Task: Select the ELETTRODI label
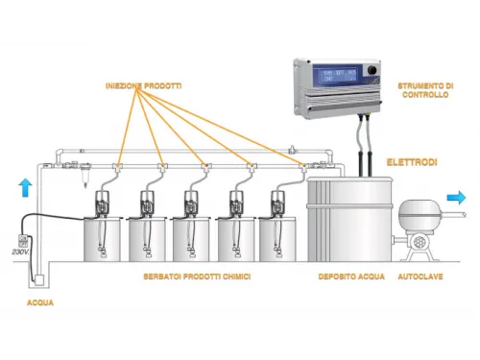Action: pyautogui.click(x=411, y=163)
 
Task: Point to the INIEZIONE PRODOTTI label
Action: pyautogui.click(x=143, y=86)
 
